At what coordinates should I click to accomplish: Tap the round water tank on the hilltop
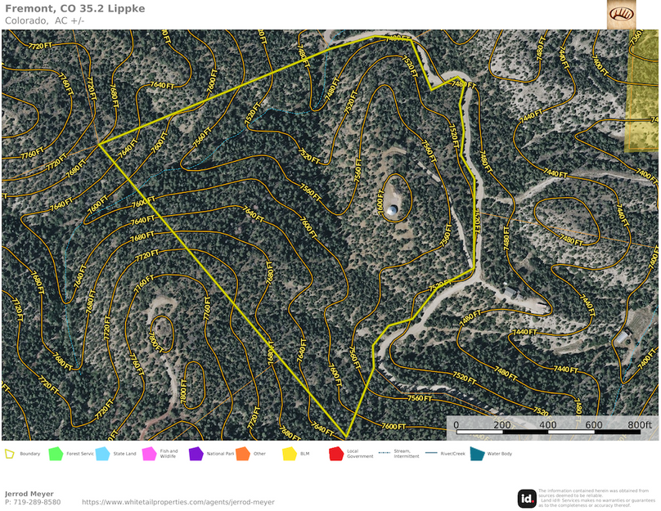[393, 211]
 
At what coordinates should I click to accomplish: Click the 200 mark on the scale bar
[502, 425]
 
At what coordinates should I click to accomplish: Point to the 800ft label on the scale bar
[639, 425]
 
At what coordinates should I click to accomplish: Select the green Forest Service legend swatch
[56, 454]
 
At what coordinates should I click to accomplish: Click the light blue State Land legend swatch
[102, 454]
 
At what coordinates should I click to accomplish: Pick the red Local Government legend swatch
[335, 454]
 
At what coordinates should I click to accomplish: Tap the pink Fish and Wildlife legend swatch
[149, 454]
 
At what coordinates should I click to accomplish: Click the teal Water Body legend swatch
[477, 454]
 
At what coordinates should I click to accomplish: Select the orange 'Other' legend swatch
[242, 454]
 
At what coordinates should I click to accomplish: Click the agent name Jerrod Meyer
[29, 494]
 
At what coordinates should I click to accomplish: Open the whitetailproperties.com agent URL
[178, 502]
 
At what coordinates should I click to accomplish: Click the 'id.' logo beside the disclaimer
[527, 498]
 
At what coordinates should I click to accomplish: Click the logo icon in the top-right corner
[621, 14]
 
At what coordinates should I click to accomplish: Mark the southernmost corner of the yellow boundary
[347, 438]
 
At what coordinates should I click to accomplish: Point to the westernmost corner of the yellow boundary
[100, 145]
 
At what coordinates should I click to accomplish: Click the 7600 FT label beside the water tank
[380, 200]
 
